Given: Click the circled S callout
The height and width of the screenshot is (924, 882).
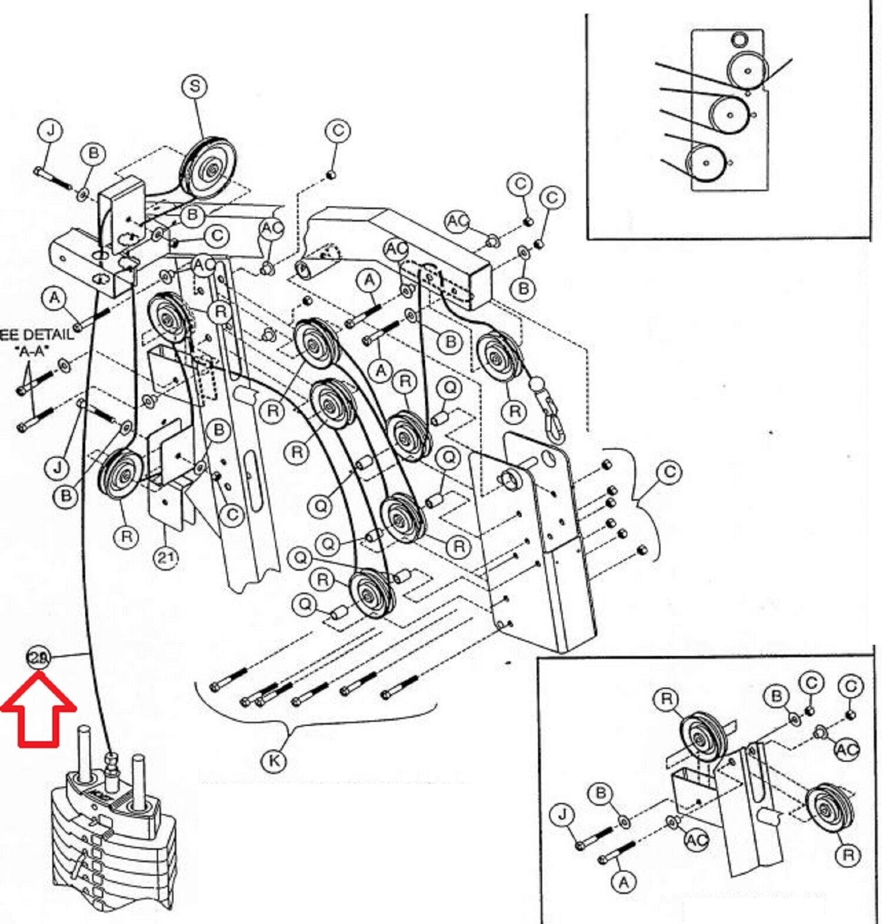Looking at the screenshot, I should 195,86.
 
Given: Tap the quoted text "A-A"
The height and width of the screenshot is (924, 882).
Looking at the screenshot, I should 32,351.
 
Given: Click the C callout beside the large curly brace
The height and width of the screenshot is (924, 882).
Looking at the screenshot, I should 669,473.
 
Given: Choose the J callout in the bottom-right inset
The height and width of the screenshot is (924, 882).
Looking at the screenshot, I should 563,814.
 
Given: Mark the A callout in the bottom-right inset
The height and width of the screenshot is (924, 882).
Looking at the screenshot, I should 624,882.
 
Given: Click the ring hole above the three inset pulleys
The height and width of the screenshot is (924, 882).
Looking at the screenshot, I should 740,39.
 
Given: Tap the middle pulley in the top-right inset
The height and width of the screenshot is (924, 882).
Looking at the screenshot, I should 730,115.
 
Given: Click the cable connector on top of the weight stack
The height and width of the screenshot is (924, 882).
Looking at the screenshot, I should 110,764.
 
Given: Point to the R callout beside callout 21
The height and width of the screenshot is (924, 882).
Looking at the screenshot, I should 127,537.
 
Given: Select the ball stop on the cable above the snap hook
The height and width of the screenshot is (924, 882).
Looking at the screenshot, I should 537,385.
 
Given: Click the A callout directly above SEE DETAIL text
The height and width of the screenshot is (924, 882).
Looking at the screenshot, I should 55,298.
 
